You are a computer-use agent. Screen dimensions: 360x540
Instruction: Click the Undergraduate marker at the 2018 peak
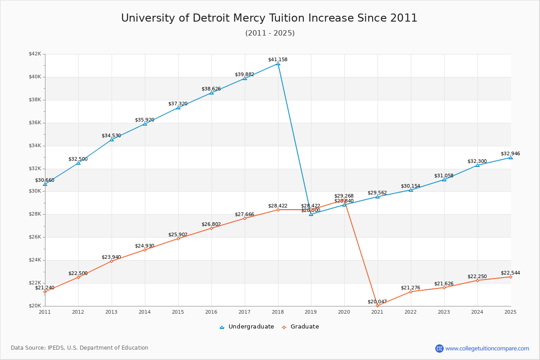tap(278, 64)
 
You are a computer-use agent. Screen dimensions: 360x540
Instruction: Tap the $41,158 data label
tap(278, 59)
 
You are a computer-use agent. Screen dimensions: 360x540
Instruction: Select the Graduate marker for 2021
tap(378, 306)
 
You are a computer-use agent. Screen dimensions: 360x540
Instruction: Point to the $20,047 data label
tap(377, 301)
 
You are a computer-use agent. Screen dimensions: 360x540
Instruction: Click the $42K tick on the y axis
tap(35, 54)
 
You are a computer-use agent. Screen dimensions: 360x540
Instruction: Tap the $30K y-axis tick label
tap(35, 191)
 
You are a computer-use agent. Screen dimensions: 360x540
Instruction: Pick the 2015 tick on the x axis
tap(178, 311)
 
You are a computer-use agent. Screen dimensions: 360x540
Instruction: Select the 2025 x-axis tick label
tap(510, 311)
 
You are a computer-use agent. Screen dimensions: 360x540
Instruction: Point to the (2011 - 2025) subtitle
tap(270, 33)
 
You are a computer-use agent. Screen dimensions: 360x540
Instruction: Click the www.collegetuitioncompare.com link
tap(487, 348)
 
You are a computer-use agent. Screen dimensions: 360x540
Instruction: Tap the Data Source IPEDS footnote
tap(80, 348)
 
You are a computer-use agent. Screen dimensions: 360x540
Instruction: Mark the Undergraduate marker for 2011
tap(45, 184)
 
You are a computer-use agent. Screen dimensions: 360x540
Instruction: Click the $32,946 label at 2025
tap(510, 153)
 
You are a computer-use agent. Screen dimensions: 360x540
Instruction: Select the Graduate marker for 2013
tap(112, 261)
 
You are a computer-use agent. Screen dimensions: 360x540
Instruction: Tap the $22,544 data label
tap(510, 273)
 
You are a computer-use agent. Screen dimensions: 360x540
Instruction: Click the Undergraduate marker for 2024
tap(477, 165)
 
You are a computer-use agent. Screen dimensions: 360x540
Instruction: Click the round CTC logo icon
tap(439, 348)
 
